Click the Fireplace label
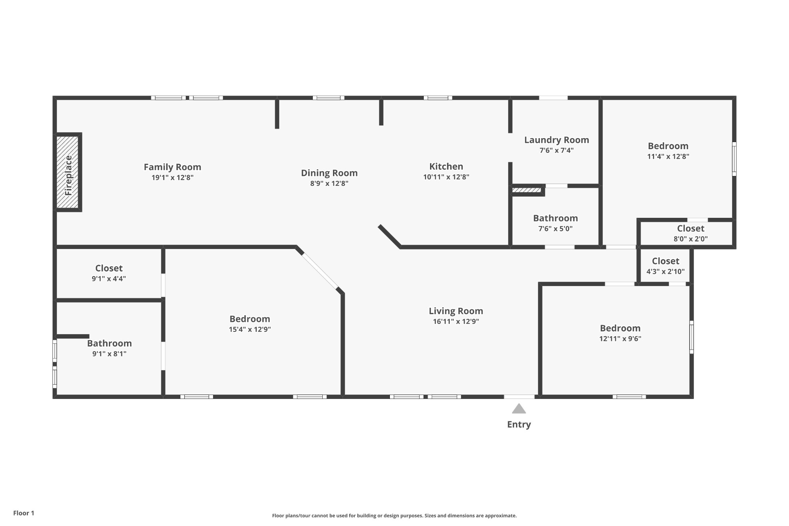[69, 175]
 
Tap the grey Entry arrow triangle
[519, 409]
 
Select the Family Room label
[172, 167]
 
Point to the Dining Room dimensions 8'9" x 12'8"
[329, 183]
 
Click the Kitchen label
[446, 166]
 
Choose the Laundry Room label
[557, 140]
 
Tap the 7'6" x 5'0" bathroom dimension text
[555, 228]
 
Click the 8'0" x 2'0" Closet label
[691, 228]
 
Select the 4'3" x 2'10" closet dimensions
[666, 271]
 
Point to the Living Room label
[456, 311]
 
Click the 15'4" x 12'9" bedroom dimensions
[250, 329]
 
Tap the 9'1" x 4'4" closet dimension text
[109, 279]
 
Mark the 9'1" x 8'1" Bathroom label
[109, 343]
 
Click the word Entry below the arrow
[519, 424]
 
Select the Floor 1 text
[24, 513]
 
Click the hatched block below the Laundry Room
[527, 190]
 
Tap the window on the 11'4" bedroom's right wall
[734, 159]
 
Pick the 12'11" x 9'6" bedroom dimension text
[620, 339]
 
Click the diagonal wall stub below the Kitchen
[389, 236]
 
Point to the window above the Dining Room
[329, 98]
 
